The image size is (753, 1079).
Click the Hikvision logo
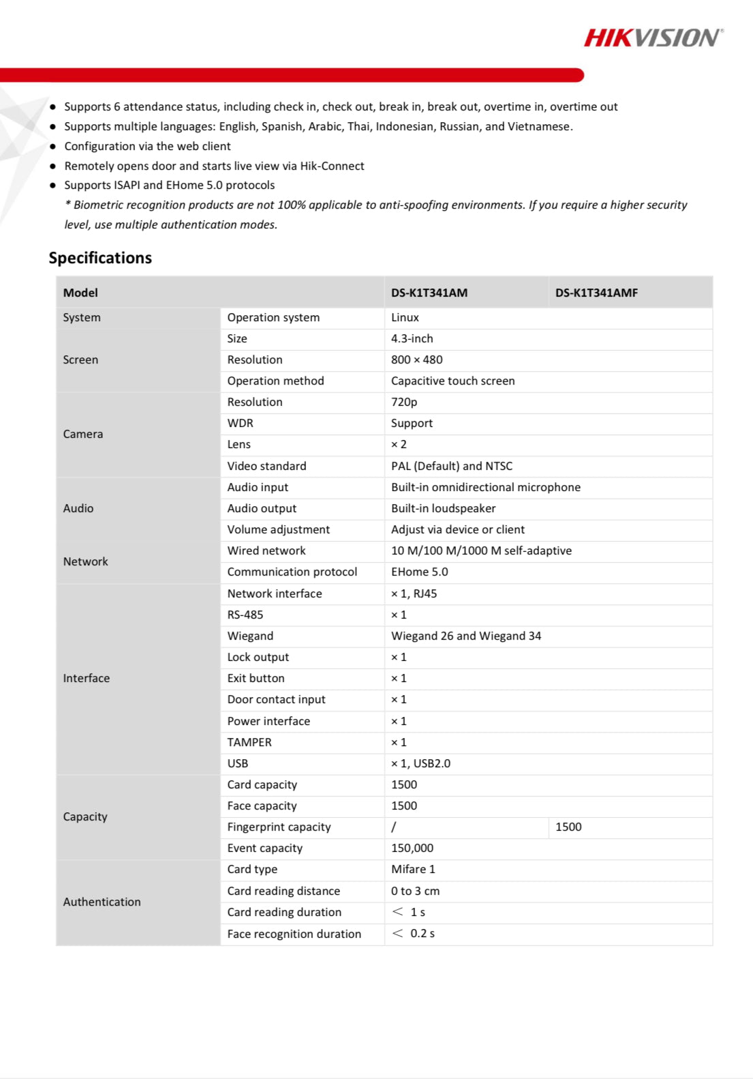(x=653, y=38)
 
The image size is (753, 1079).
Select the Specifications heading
(x=100, y=258)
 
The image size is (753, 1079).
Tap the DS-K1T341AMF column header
(x=596, y=293)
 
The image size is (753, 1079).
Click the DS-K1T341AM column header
(x=429, y=293)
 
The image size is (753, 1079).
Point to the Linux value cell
(x=405, y=317)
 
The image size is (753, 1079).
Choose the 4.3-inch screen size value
(x=412, y=338)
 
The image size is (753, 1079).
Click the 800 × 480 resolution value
(x=416, y=359)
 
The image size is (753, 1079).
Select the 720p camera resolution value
(x=404, y=402)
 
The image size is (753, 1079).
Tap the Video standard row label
(x=266, y=466)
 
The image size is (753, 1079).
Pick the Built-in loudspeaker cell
(x=443, y=508)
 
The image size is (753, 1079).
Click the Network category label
(x=85, y=561)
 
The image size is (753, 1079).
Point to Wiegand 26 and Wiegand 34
(x=466, y=636)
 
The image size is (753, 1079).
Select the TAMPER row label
(x=249, y=742)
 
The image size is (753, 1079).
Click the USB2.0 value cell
(x=420, y=763)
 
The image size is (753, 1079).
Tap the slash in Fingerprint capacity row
(x=393, y=827)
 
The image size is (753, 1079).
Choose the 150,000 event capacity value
(x=412, y=848)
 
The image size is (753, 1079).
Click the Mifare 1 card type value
(x=413, y=869)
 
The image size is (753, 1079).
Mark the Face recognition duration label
(x=294, y=934)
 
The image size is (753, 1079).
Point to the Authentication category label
(x=102, y=902)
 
